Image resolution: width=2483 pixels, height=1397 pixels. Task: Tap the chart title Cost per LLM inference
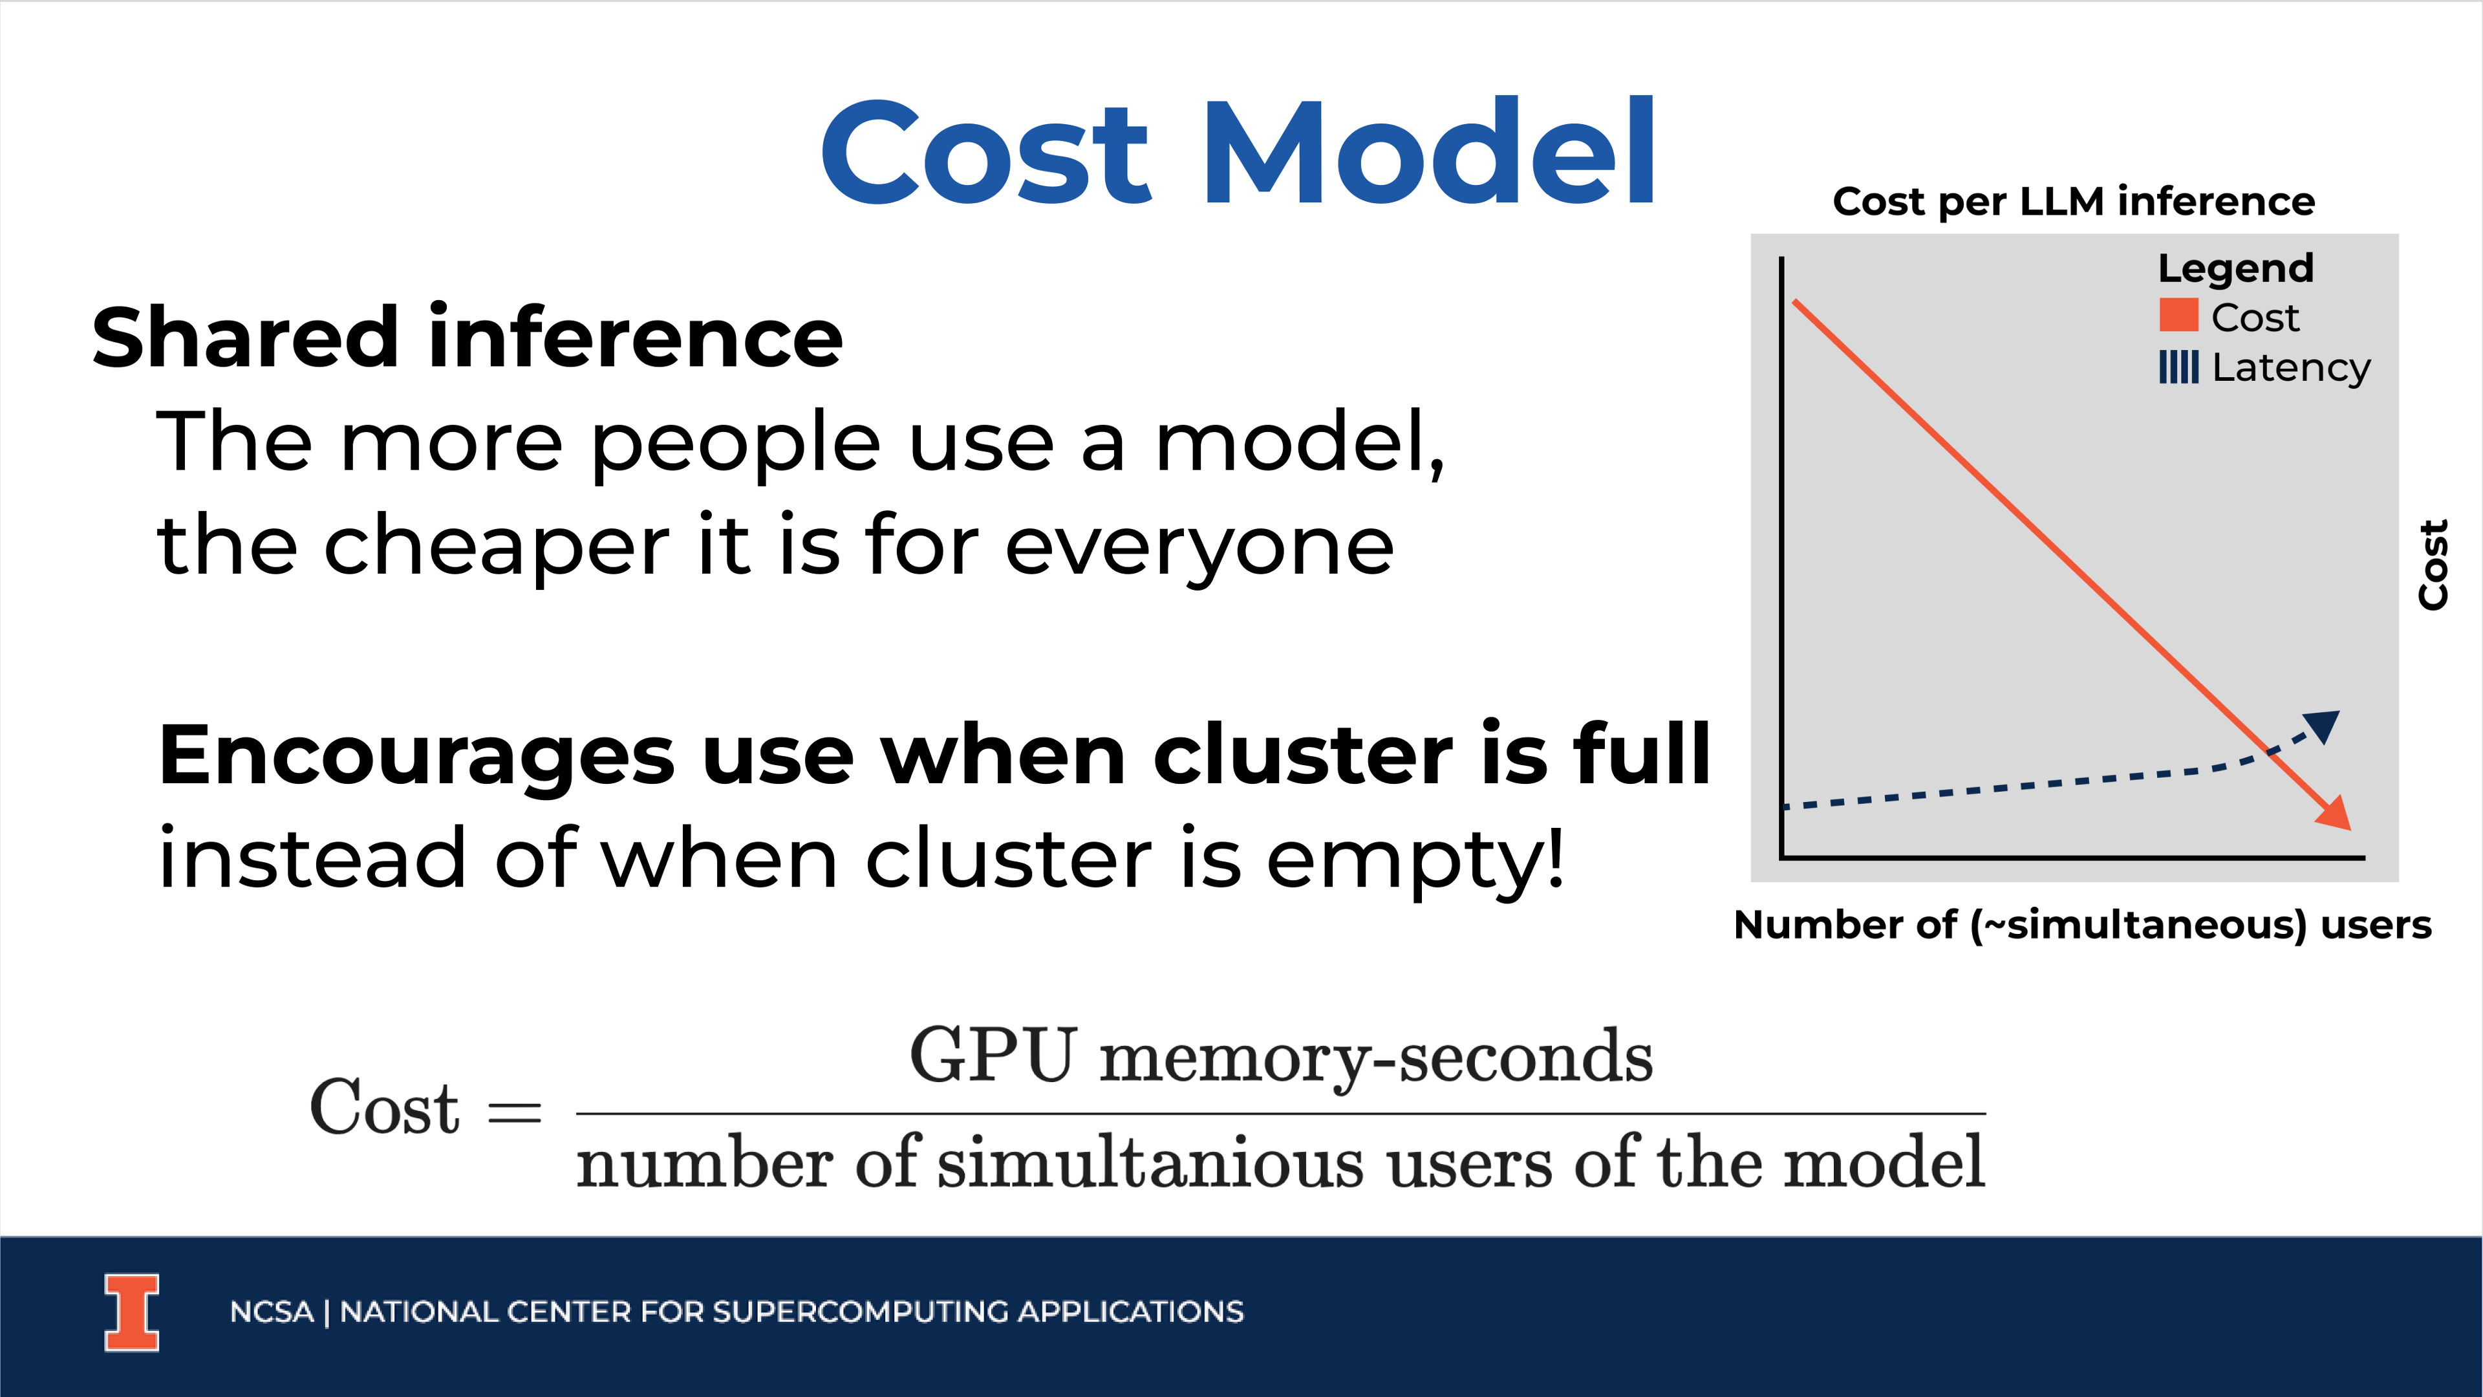2073,202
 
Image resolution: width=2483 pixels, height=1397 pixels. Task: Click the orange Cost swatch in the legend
2178,315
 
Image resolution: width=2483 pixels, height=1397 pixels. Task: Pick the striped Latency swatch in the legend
2178,366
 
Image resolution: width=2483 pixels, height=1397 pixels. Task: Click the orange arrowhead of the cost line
2336,813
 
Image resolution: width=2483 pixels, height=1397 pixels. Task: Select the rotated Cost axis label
2433,565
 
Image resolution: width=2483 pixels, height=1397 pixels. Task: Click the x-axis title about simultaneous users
2082,925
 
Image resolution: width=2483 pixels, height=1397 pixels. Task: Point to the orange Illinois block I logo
132,1313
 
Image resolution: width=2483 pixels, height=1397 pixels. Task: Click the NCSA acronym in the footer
272,1312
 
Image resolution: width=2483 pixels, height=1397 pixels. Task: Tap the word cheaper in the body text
497,547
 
